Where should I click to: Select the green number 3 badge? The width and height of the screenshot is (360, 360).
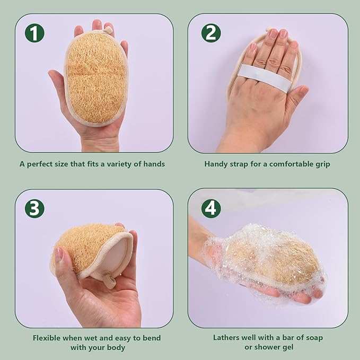34,208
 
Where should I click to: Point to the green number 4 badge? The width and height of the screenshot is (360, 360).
210,208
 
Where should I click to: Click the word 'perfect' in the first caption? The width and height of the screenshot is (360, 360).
42,164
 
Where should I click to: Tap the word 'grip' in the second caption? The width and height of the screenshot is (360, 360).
321,164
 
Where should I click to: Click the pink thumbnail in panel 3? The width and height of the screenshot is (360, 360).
59,254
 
